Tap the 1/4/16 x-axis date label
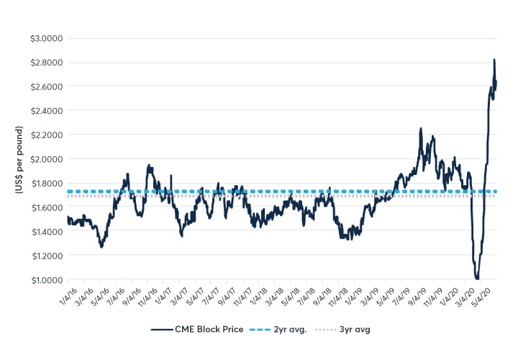[70, 294]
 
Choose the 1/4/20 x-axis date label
[451, 294]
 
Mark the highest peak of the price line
[494, 60]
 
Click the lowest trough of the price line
[477, 279]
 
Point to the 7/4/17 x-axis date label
[213, 294]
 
